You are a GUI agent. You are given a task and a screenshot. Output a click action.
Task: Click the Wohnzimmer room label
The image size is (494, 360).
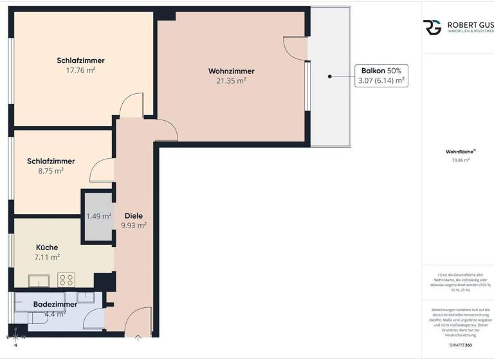(231, 71)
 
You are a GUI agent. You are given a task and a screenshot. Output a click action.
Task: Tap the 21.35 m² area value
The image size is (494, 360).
(231, 81)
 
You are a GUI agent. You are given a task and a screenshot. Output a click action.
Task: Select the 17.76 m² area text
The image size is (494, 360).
(80, 71)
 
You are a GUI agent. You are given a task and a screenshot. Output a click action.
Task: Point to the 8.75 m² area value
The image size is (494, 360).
(51, 171)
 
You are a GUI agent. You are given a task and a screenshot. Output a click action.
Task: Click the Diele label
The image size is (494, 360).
(133, 216)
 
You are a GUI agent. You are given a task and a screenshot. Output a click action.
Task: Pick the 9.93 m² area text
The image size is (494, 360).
(133, 226)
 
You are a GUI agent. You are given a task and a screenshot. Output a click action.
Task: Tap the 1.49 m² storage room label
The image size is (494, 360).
(98, 216)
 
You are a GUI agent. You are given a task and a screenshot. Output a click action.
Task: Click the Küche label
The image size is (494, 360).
(46, 248)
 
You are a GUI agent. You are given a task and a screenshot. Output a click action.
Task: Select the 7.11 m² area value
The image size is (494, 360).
(46, 257)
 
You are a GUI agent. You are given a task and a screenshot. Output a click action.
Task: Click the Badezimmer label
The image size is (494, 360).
(55, 304)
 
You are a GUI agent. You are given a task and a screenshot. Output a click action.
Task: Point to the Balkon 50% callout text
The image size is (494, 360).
(381, 71)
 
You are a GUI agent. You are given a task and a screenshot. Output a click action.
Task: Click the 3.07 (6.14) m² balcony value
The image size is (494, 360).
(381, 81)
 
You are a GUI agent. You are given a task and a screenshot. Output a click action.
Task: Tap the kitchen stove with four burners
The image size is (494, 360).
(66, 280)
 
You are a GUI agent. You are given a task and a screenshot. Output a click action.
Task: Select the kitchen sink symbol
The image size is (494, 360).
(39, 280)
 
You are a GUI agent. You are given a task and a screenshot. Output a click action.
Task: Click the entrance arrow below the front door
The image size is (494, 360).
(138, 336)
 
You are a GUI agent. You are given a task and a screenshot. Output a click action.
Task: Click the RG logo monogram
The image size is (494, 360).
(432, 27)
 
